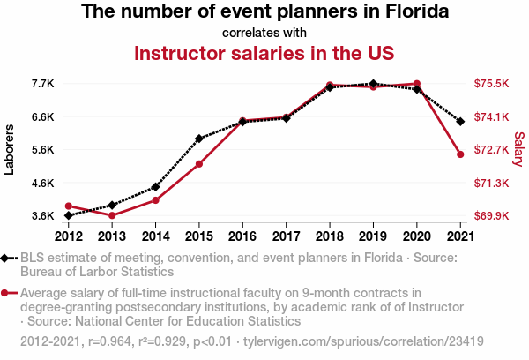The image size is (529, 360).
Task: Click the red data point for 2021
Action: pyautogui.click(x=460, y=154)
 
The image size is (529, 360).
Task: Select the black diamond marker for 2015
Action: pyautogui.click(x=199, y=139)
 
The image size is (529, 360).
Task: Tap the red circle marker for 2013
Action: pyautogui.click(x=112, y=215)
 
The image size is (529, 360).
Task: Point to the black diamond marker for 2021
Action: pyautogui.click(x=460, y=121)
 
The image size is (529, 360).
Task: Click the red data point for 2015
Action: pyautogui.click(x=199, y=164)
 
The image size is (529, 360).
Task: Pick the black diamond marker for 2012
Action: pyautogui.click(x=69, y=215)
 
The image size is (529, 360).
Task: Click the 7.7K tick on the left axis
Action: pyautogui.click(x=43, y=84)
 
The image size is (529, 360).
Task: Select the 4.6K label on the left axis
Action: pyautogui.click(x=43, y=183)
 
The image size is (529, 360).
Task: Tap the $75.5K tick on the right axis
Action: pyautogui.click(x=492, y=84)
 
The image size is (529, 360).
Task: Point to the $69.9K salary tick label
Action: pyautogui.click(x=492, y=216)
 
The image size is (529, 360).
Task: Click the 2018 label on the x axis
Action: pyautogui.click(x=330, y=236)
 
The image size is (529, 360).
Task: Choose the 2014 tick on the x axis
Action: pyautogui.click(x=155, y=236)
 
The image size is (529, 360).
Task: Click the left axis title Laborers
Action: pyautogui.click(x=10, y=150)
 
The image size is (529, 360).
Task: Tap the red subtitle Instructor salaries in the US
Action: pyautogui.click(x=264, y=53)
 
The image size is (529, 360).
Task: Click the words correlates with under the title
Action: pyautogui.click(x=264, y=33)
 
